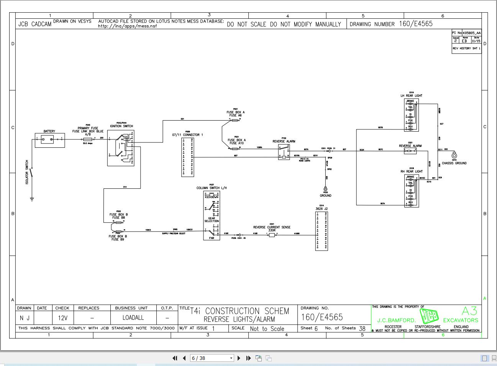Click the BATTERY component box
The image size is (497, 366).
49,140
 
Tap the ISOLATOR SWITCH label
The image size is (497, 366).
27,172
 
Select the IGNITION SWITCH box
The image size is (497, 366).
121,147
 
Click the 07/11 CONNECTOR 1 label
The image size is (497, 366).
187,135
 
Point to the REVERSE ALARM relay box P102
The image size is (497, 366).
284,152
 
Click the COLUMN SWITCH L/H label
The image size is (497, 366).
212,188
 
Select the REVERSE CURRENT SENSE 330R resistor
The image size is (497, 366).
272,235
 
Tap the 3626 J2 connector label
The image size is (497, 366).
321,209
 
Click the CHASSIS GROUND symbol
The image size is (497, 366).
454,155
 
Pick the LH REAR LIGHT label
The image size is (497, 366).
411,96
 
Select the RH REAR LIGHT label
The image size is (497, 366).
411,172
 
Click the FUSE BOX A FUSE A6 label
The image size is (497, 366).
235,114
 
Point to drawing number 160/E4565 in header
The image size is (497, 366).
416,24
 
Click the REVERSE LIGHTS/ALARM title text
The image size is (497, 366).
239,319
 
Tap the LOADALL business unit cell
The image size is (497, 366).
133,318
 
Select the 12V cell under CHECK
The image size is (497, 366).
62,318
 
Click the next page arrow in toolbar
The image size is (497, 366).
239,358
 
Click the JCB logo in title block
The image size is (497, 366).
429,316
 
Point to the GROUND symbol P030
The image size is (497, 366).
325,189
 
